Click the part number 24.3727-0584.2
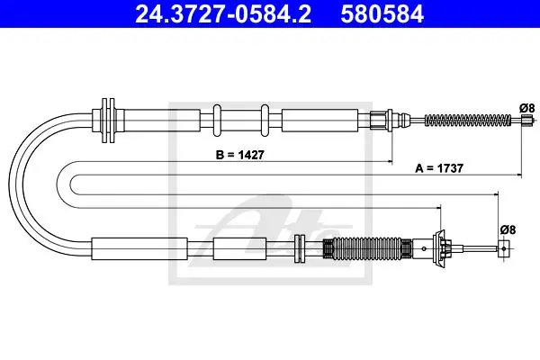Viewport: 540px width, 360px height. pyautogui.click(x=223, y=13)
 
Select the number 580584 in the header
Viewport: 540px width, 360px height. pyautogui.click(x=382, y=13)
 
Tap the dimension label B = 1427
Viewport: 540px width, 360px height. pyautogui.click(x=240, y=155)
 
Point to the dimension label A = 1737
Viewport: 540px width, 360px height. pyautogui.click(x=439, y=168)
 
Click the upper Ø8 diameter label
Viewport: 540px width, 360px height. pyautogui.click(x=526, y=108)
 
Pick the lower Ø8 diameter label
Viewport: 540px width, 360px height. pyautogui.click(x=508, y=229)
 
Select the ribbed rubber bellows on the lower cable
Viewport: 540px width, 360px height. pyautogui.click(x=367, y=248)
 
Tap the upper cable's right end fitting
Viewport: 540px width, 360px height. pyautogui.click(x=526, y=121)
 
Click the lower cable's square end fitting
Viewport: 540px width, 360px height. pyautogui.click(x=504, y=248)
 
